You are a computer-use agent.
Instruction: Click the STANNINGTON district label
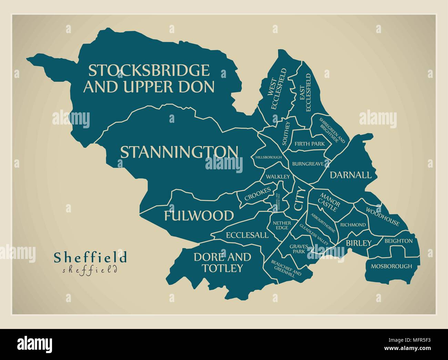click(x=179, y=152)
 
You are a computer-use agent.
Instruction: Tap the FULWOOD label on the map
click(x=198, y=216)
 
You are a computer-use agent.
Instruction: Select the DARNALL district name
click(x=351, y=175)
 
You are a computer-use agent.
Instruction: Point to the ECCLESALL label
click(x=247, y=235)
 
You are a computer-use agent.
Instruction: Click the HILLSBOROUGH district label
click(x=268, y=157)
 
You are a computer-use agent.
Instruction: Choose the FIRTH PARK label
click(x=309, y=144)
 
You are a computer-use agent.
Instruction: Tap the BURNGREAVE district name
click(x=308, y=164)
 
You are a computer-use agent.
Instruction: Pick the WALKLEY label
click(x=277, y=177)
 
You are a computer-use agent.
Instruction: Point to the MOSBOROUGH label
click(x=391, y=266)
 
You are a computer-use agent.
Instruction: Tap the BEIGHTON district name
click(x=398, y=241)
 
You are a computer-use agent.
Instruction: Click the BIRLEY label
click(x=359, y=243)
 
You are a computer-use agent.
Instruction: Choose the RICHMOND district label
click(x=353, y=225)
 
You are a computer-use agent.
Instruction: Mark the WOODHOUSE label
click(x=383, y=217)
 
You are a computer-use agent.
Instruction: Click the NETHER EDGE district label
click(x=282, y=226)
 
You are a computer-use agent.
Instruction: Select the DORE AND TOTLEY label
click(x=222, y=262)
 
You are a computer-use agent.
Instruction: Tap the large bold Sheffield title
click(x=90, y=257)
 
